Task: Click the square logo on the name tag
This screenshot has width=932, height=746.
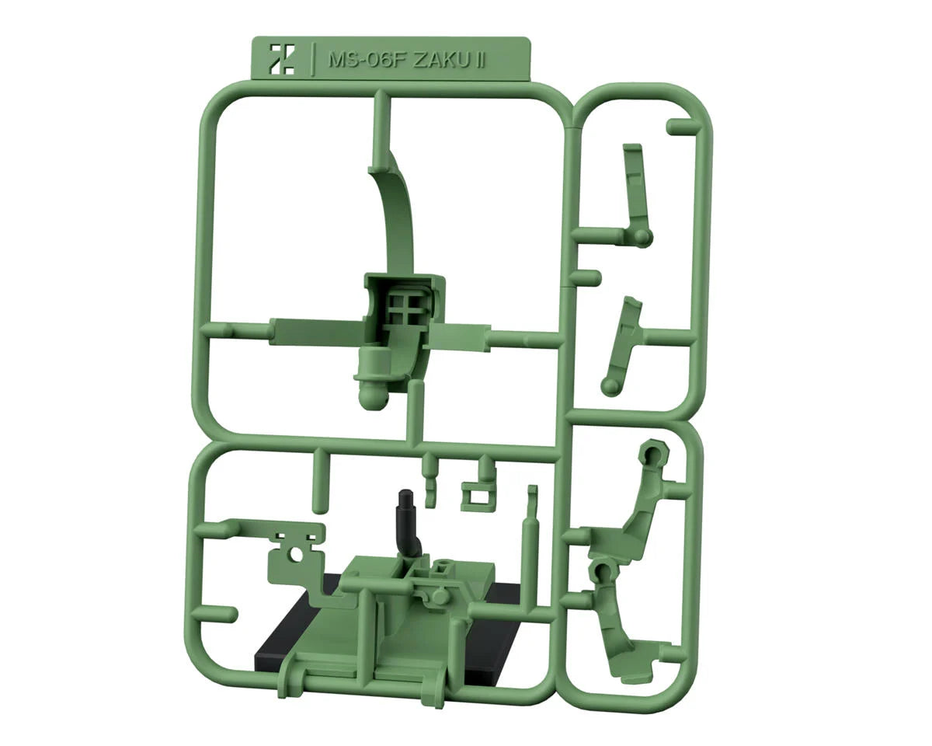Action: point(281,58)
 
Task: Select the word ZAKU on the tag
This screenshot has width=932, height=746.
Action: point(441,61)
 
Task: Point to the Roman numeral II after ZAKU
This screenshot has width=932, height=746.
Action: point(480,61)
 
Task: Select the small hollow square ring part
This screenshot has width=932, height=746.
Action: point(477,494)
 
